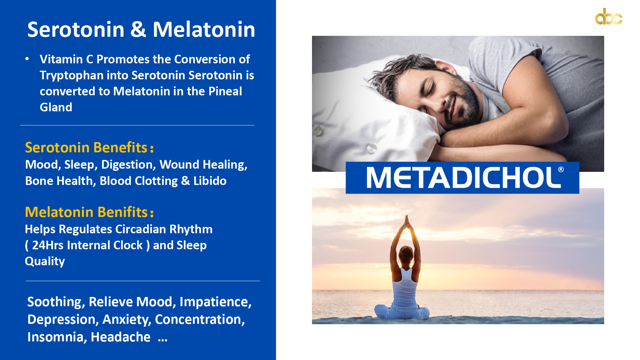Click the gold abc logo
[x=608, y=17]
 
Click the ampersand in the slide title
[x=138, y=29]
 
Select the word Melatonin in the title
[x=204, y=29]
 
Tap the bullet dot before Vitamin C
[x=27, y=59]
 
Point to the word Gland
[x=56, y=107]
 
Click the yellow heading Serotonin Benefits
[x=89, y=148]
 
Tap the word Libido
[x=210, y=181]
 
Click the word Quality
[x=45, y=261]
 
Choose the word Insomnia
[x=57, y=337]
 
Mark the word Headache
[x=121, y=337]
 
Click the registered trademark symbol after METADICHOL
[x=561, y=170]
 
